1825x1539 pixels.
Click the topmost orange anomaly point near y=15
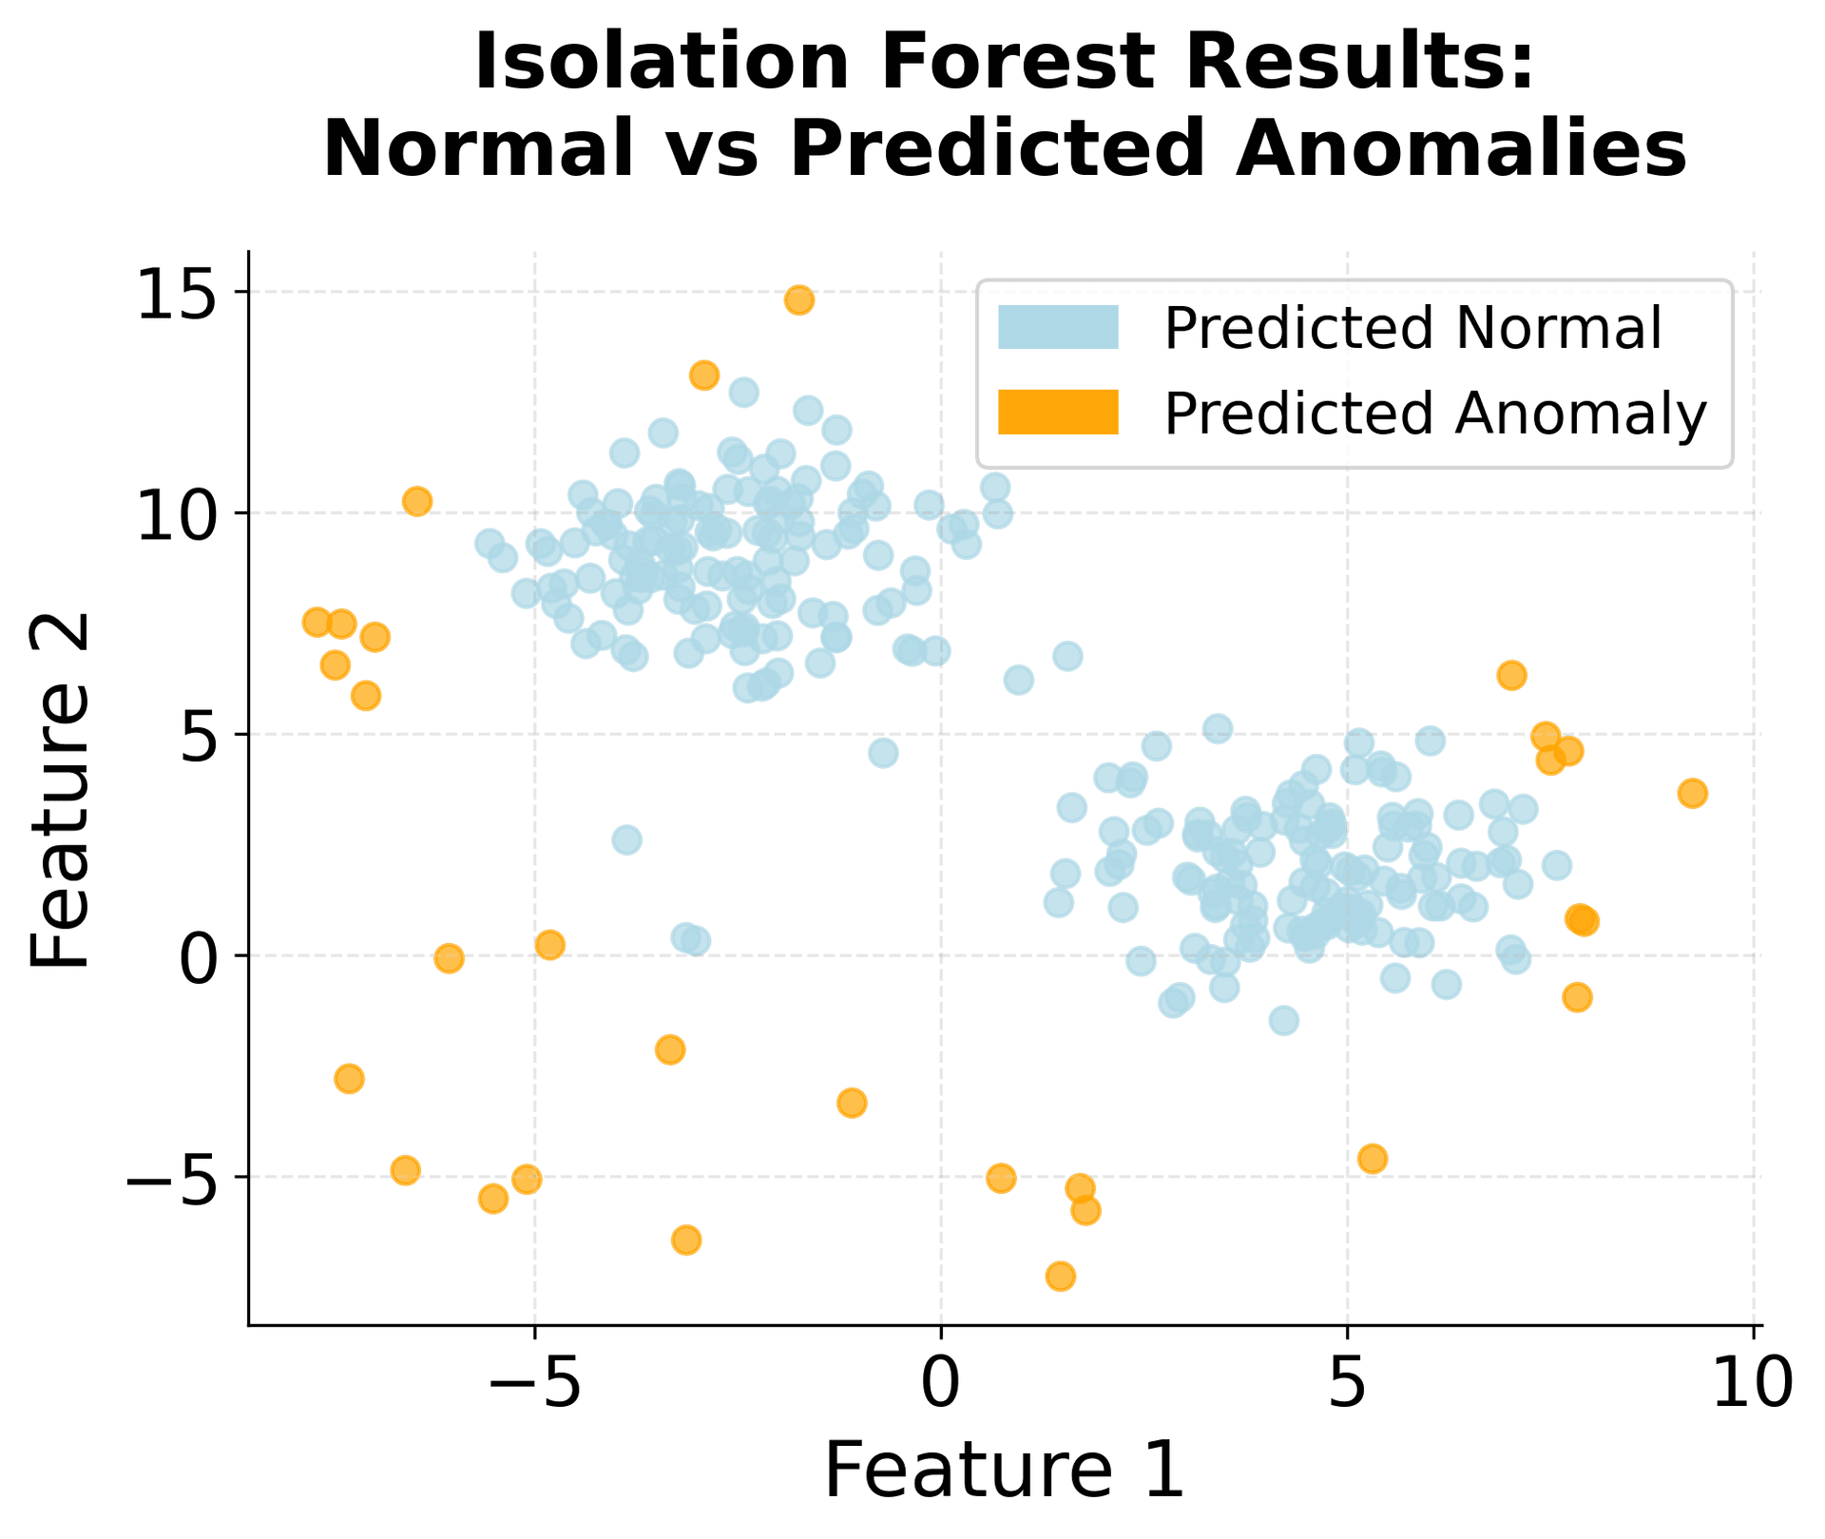click(798, 300)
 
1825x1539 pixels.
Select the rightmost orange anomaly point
click(1692, 793)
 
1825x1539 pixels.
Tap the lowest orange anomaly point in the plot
click(1061, 1276)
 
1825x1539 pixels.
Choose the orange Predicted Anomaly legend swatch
click(1058, 413)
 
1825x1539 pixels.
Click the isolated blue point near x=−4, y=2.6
click(626, 839)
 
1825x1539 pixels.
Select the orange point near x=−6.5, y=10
click(417, 501)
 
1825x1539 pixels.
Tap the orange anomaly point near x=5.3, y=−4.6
click(1372, 1158)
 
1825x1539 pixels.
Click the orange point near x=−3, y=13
click(703, 375)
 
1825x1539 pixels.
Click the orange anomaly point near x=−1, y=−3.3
click(852, 1103)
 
